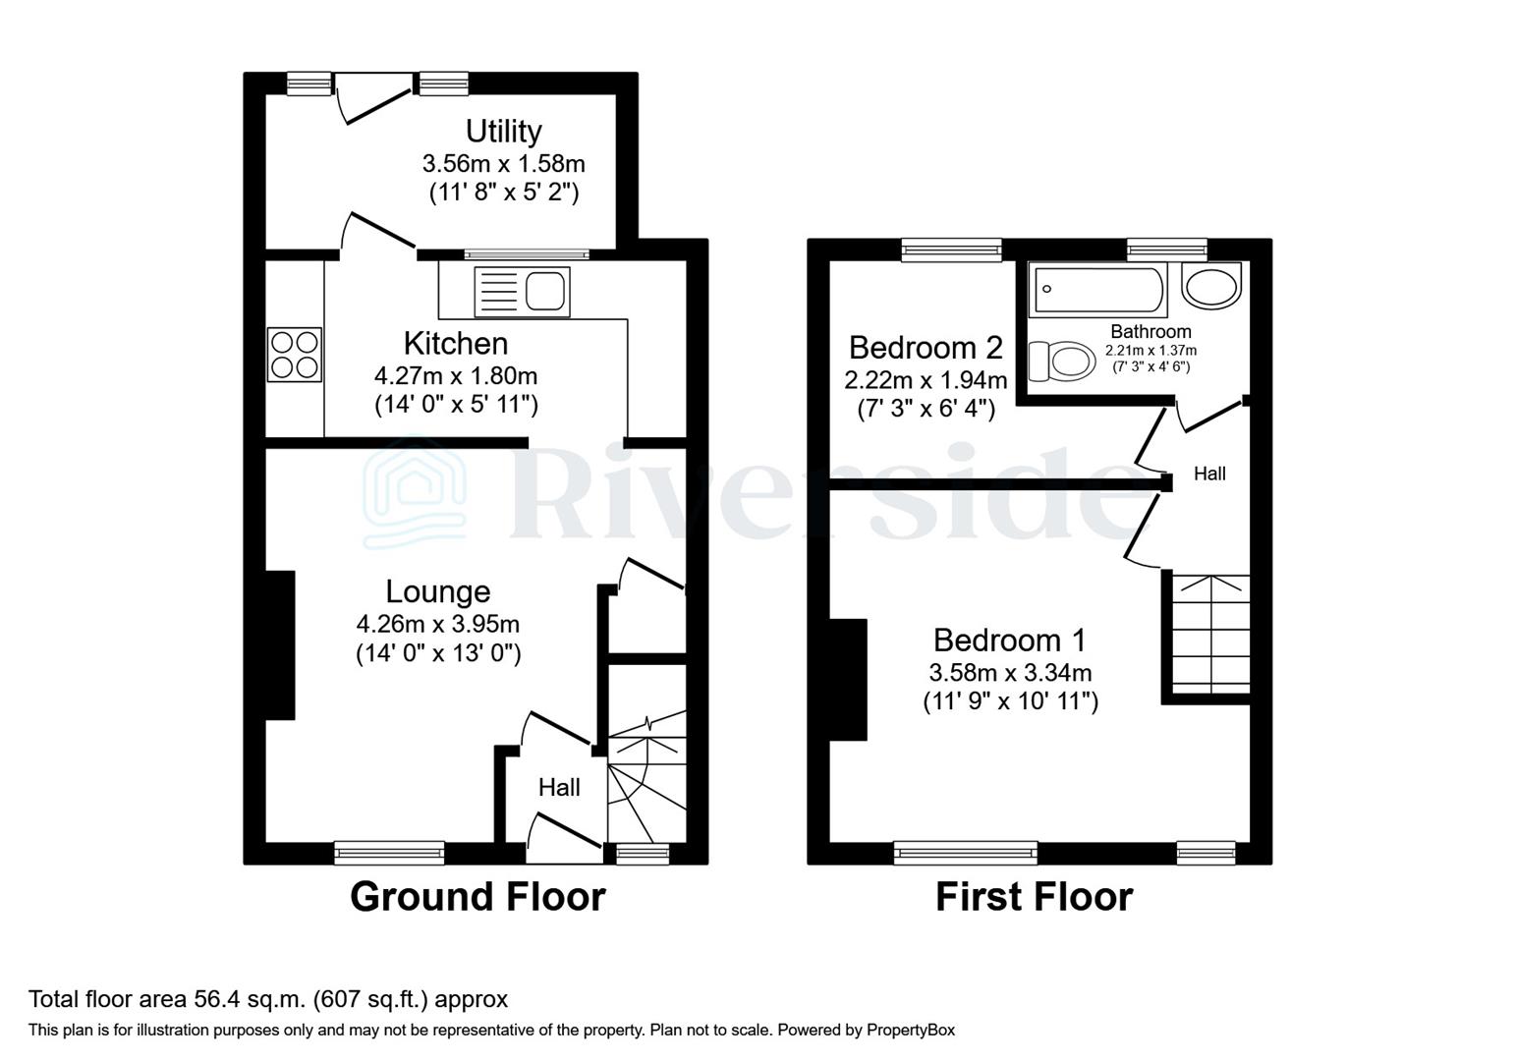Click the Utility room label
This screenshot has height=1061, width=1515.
[x=503, y=131]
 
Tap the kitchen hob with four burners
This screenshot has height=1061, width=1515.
[x=294, y=354]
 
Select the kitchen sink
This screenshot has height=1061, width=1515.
[x=521, y=292]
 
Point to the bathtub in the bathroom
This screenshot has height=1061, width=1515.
[x=1096, y=289]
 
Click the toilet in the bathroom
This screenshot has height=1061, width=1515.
[x=1061, y=361]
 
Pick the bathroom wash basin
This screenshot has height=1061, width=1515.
[x=1212, y=286]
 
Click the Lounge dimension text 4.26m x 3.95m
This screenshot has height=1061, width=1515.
[x=437, y=624]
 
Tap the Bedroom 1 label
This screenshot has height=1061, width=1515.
[x=1009, y=640]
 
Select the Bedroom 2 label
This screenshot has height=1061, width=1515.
[x=926, y=347]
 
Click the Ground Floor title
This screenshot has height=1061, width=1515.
[x=477, y=897]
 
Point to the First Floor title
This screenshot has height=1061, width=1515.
[x=1034, y=897]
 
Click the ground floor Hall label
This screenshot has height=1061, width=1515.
[x=559, y=787]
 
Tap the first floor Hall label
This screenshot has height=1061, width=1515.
[x=1209, y=474]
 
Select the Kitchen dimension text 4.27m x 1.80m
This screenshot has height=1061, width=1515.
[x=456, y=375]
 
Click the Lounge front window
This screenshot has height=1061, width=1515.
[x=389, y=852]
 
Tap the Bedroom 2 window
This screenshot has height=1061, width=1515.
[x=951, y=250]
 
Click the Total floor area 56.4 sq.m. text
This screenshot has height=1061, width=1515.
[x=268, y=1000]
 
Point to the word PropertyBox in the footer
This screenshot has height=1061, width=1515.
[x=910, y=1031]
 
